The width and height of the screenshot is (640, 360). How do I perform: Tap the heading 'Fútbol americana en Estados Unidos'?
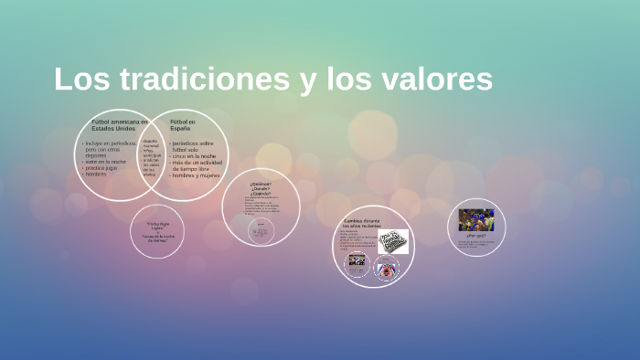(120, 125)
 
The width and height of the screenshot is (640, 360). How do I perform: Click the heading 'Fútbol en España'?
(183, 125)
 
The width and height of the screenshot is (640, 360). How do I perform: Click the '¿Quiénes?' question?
(260, 184)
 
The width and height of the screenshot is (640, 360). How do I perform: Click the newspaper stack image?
(393, 242)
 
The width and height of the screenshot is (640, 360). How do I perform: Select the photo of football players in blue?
(476, 219)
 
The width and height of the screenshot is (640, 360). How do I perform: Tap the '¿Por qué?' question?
(475, 235)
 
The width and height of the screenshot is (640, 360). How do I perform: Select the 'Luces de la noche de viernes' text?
(157, 238)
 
